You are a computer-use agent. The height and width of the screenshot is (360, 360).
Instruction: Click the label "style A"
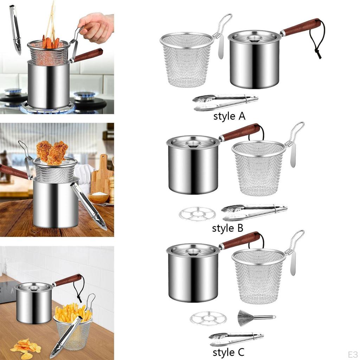coord(229,116)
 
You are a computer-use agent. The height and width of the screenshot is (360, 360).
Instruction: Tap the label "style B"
coord(227,228)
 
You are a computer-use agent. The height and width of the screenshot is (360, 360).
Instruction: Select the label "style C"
coord(228,352)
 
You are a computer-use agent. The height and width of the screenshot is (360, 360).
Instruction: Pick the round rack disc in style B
coord(197,214)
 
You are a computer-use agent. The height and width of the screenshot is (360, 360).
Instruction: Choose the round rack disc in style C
coord(208,319)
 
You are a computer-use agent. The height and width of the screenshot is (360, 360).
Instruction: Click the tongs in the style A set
coord(225,102)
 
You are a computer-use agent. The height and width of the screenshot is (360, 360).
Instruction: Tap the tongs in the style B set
coord(254,212)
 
